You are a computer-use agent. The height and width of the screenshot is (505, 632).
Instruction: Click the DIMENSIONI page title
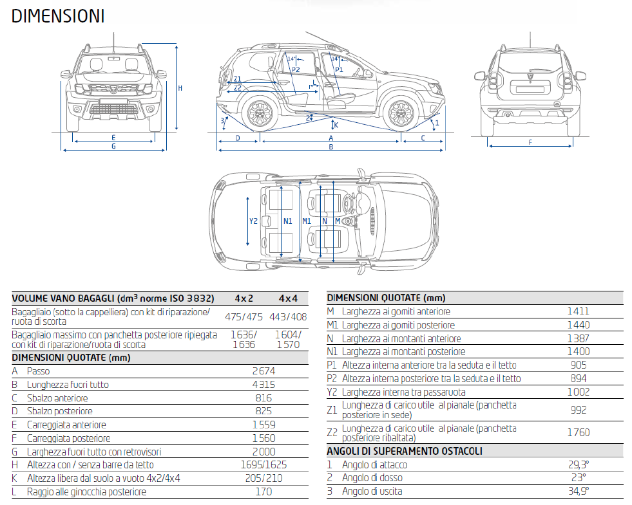58,16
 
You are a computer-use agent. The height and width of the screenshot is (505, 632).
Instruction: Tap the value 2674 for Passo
263,371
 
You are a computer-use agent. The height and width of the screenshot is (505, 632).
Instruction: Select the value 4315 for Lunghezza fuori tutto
263,385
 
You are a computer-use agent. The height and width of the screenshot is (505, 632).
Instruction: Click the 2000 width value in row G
263,452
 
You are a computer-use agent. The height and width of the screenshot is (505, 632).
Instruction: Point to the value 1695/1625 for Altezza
263,464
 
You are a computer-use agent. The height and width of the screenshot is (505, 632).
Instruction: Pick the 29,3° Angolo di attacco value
579,464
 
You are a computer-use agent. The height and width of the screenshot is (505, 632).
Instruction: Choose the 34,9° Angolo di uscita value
579,491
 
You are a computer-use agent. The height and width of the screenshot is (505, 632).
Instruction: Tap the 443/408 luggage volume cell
288,317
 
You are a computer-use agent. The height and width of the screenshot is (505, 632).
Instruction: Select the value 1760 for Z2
578,432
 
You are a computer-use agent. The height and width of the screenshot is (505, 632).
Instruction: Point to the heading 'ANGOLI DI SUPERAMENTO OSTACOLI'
405,452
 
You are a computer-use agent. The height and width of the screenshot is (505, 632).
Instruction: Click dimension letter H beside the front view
180,88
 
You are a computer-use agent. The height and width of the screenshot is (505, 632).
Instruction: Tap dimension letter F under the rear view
530,142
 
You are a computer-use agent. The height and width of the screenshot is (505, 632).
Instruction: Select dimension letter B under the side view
331,147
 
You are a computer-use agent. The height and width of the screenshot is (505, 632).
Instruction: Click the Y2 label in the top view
253,221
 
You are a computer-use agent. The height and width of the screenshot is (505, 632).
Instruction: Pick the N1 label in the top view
288,221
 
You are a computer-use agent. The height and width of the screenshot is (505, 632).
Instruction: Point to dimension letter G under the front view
113,147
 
